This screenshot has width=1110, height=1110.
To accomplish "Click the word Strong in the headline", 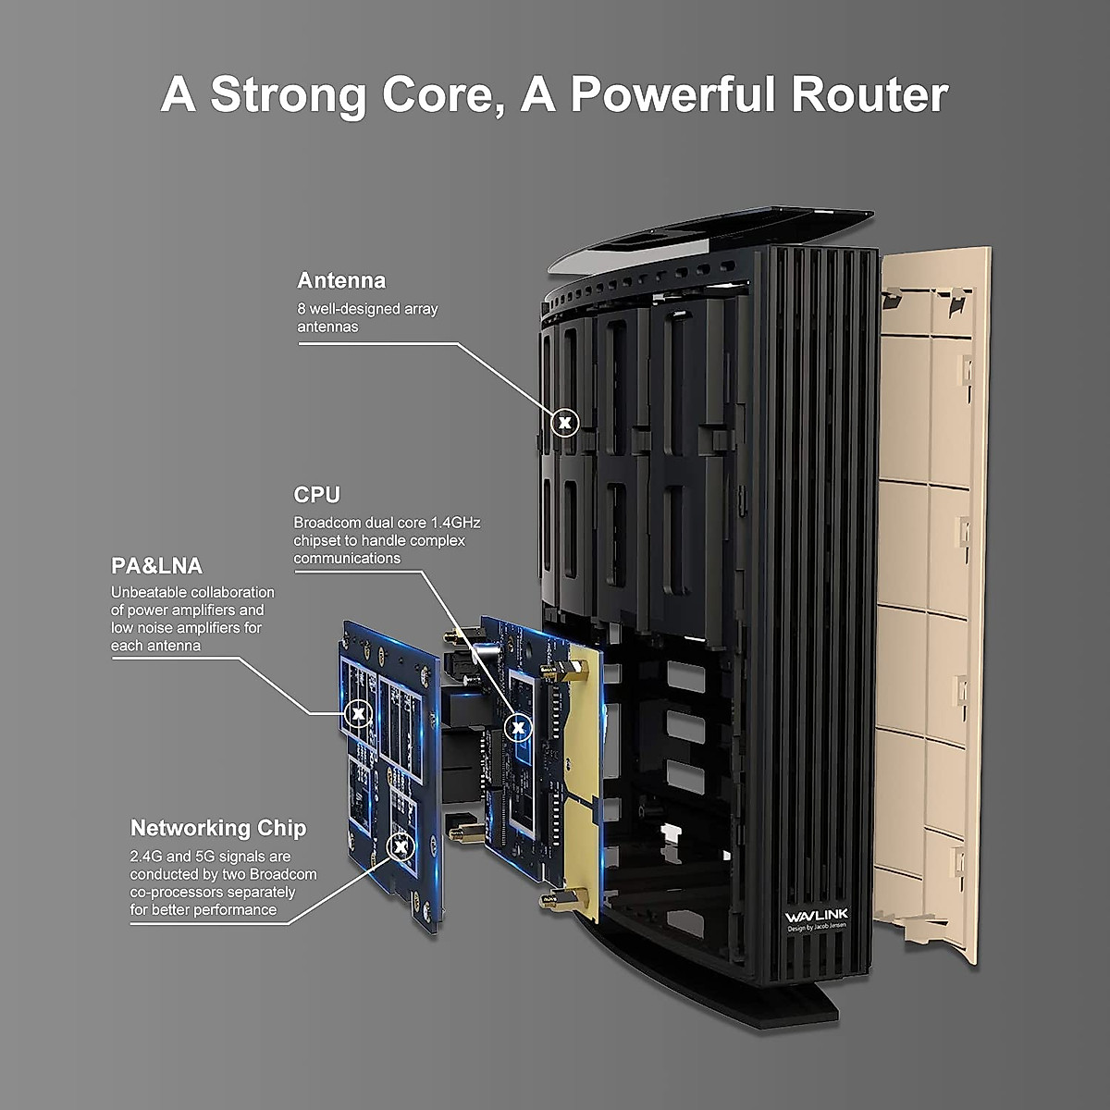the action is click(x=289, y=96).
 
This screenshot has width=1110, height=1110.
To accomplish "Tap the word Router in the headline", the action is click(x=869, y=94).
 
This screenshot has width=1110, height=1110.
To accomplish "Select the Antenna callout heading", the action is click(x=341, y=280).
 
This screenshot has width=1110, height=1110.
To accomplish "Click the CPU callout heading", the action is click(x=317, y=495).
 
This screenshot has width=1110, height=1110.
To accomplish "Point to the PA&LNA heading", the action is click(x=156, y=566).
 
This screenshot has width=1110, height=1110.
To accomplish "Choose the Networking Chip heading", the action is click(x=218, y=828).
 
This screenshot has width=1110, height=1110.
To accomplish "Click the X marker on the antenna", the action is click(x=564, y=423).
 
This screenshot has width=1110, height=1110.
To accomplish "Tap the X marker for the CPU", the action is click(x=518, y=728).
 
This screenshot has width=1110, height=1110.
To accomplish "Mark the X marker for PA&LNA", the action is click(x=358, y=713).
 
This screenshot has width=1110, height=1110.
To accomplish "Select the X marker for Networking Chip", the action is click(x=401, y=846).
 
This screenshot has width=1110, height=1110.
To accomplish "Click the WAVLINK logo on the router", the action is click(x=816, y=917).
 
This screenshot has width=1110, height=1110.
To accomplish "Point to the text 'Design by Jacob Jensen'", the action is click(x=817, y=928).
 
